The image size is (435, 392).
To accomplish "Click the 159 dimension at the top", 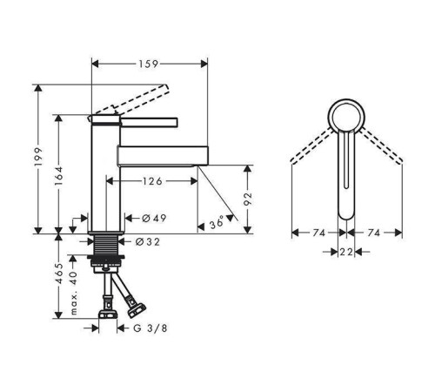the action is [148, 64].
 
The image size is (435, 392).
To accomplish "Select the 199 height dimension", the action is [38, 157].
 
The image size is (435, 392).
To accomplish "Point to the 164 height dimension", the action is [58, 176].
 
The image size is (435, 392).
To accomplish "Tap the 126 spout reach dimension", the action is [152, 181].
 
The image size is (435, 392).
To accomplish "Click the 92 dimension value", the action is [248, 199].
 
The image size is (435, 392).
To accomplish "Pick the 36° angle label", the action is [217, 222].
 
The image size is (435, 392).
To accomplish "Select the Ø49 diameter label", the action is [154, 218].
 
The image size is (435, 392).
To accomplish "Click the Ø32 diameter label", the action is [148, 241].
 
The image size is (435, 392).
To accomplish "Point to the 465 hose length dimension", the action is [59, 274].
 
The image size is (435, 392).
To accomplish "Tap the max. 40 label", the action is [74, 293].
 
